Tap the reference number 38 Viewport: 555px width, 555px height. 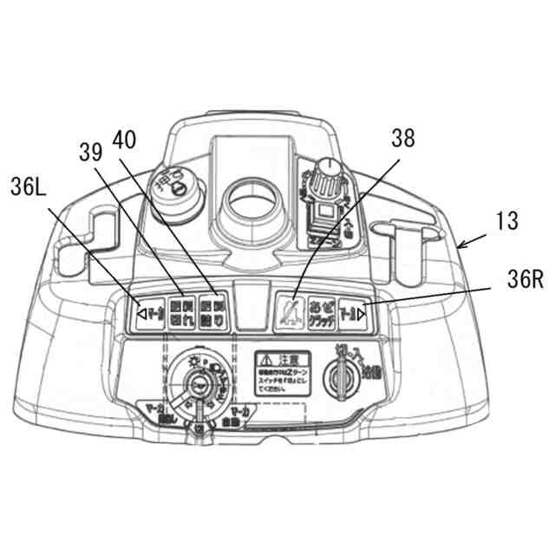[x=402, y=137]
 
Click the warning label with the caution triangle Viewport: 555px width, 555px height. [x=281, y=374]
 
